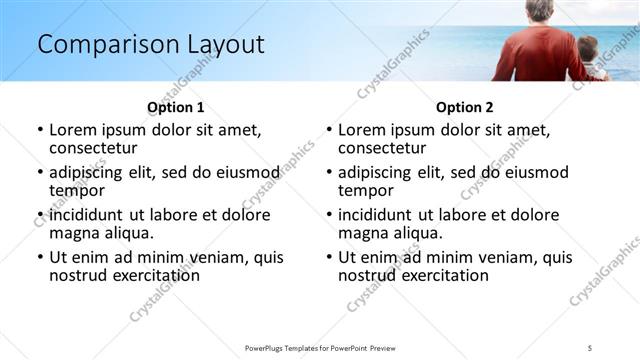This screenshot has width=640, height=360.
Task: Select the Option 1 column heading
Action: click(175, 107)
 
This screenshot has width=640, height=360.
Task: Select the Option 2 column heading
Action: click(464, 107)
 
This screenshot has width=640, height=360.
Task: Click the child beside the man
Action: click(588, 58)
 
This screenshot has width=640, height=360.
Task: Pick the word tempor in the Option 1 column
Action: click(77, 190)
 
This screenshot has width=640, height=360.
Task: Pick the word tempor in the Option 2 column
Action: click(366, 190)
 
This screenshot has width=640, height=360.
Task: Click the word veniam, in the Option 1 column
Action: click(218, 257)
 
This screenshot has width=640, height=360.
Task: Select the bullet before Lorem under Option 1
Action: click(40, 130)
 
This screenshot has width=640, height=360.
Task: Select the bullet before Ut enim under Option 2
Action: click(329, 257)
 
